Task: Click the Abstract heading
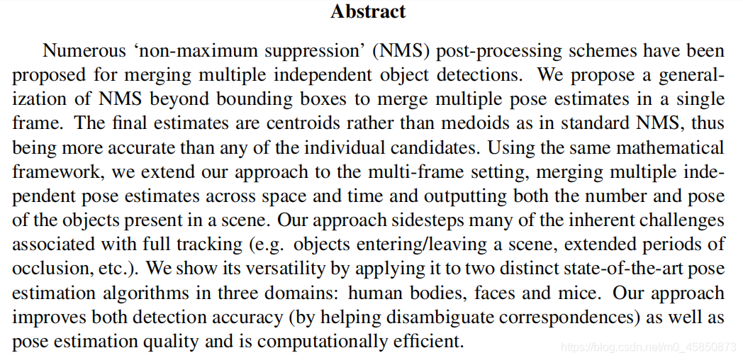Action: (x=368, y=11)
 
